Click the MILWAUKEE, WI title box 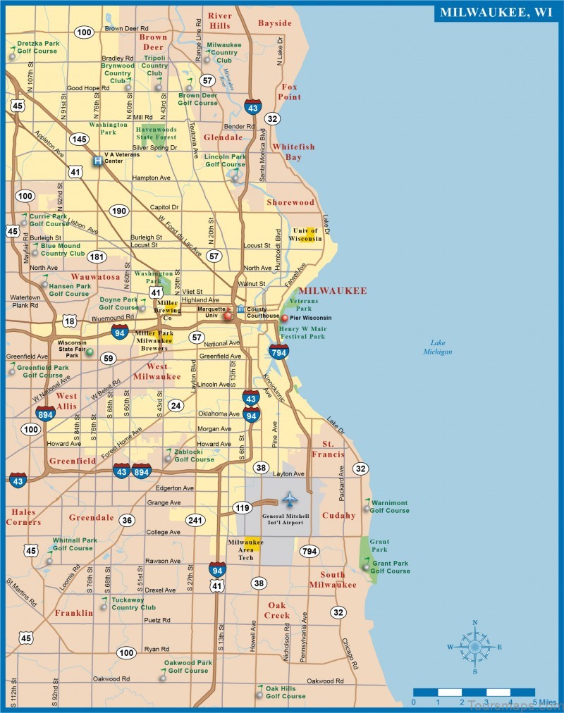coord(496,11)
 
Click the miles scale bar coord(474,692)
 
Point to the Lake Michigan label coord(438,347)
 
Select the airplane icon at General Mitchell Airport coord(290,500)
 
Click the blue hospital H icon coord(97,161)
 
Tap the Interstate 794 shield coord(278,351)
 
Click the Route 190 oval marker coord(119,211)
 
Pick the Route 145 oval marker coord(79,139)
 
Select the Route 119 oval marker coord(243,507)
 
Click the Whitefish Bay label coord(293,152)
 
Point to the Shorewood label coord(290,203)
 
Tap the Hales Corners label coord(24,517)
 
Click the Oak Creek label coord(277,610)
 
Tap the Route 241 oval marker coord(195,521)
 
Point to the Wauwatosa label coord(95,278)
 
